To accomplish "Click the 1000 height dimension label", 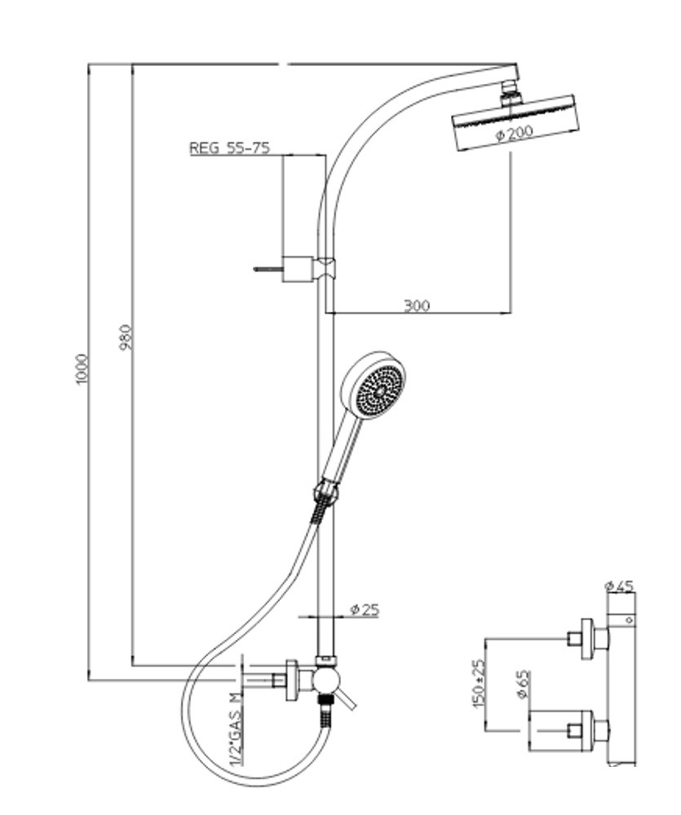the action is (82, 369).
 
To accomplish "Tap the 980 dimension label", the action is (126, 337).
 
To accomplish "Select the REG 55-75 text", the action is (229, 148).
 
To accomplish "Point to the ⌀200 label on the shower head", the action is (515, 134).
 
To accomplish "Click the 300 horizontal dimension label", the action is (418, 305).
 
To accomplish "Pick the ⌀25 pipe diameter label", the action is (365, 609).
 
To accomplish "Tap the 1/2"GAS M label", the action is (237, 729).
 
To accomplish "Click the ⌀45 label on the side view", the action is (620, 586).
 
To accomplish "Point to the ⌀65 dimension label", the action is (523, 685).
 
